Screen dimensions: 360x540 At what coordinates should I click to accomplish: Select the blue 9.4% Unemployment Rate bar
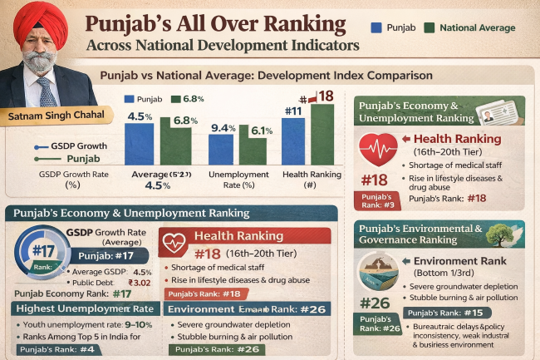[221, 149]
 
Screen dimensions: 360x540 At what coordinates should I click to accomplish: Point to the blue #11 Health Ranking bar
[292, 141]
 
